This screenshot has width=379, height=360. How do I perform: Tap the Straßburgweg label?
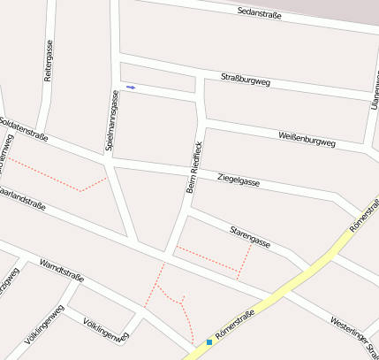(245, 81)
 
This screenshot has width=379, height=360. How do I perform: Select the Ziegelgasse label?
(239, 180)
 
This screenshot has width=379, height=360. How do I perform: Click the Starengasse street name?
(250, 236)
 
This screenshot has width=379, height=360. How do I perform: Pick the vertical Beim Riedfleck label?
(195, 166)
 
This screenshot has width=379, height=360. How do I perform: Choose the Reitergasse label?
(49, 61)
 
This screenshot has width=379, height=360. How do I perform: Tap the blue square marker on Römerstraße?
(209, 341)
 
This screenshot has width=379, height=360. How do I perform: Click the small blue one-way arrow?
(131, 88)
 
